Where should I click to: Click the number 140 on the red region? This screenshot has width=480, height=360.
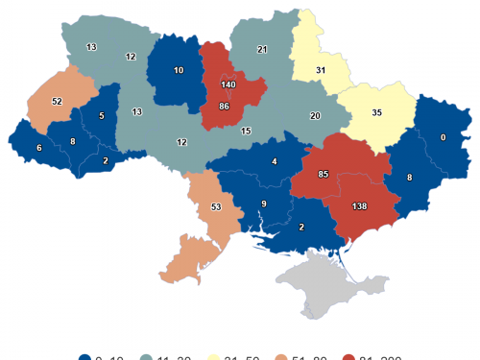pyautogui.click(x=228, y=85)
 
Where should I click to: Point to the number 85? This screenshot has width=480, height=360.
pyautogui.click(x=324, y=175)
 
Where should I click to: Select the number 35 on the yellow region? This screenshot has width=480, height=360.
pyautogui.click(x=377, y=112)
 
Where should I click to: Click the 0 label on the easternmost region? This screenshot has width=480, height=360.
pyautogui.click(x=443, y=138)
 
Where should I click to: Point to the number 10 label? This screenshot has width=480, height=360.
pyautogui.click(x=179, y=71)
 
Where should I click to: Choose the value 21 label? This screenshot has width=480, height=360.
pyautogui.click(x=262, y=49)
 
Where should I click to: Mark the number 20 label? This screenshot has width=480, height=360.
pyautogui.click(x=315, y=115)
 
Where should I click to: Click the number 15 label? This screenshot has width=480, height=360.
pyautogui.click(x=246, y=131)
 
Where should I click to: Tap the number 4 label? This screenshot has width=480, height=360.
pyautogui.click(x=275, y=161)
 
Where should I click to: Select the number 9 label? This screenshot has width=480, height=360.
pyautogui.click(x=265, y=204)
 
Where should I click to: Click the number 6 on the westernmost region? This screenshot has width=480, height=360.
pyautogui.click(x=38, y=147)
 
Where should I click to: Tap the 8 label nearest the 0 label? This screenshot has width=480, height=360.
pyautogui.click(x=410, y=178)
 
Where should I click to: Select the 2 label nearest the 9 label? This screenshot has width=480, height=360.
pyautogui.click(x=301, y=227)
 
